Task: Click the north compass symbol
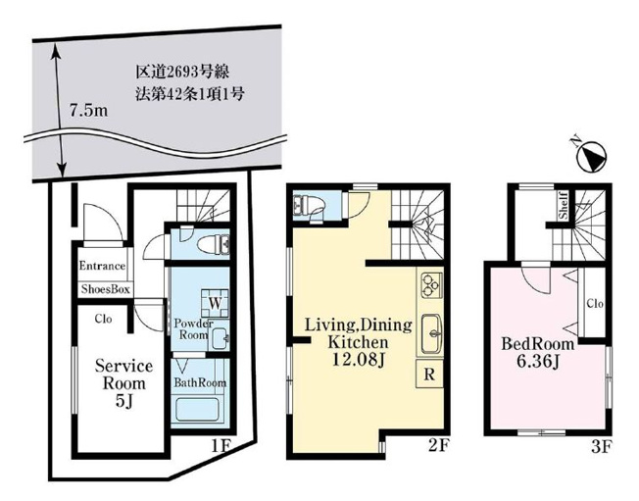(591, 155)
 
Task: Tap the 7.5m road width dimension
(88, 111)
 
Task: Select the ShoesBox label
(105, 289)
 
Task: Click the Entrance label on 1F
(102, 267)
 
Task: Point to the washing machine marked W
(215, 303)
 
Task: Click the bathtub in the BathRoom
(197, 410)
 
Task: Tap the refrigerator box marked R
(429, 374)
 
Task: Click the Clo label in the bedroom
(595, 304)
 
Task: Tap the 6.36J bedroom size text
(537, 361)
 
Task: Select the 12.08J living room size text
(359, 359)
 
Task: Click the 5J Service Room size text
(123, 402)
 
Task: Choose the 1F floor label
(221, 445)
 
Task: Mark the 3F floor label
(602, 447)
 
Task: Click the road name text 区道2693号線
(182, 73)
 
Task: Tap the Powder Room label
(194, 329)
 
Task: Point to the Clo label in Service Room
(103, 319)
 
